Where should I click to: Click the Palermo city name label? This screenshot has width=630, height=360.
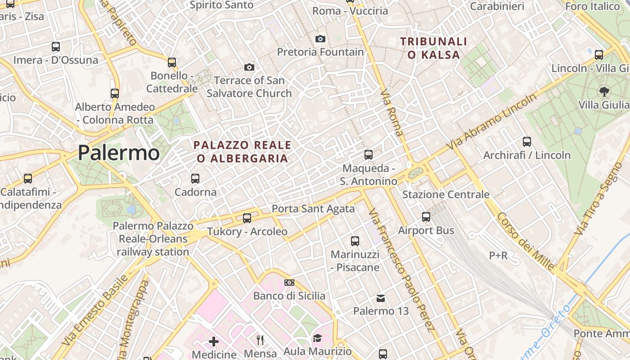point(118,153)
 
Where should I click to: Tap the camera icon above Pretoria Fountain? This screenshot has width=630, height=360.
point(320,39)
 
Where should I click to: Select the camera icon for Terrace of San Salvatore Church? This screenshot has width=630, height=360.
point(249,67)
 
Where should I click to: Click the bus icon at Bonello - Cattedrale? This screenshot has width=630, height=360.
point(171,62)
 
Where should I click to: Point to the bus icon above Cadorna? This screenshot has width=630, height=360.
point(195,179)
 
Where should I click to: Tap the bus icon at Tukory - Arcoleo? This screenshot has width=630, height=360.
point(247,218)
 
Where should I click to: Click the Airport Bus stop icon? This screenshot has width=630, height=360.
point(426,217)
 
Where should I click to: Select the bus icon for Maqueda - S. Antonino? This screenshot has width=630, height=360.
point(369,155)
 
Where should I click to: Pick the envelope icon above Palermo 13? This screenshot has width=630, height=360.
point(381,298)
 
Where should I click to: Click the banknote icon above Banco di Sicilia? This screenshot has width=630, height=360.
point(289,283)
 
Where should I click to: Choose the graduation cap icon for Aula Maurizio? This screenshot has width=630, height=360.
point(317,338)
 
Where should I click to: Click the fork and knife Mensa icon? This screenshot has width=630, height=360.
point(260,340)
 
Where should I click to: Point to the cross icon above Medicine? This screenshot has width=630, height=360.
point(214,342)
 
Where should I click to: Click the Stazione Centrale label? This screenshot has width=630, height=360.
point(445,194)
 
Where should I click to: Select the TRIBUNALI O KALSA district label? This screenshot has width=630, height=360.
point(434,48)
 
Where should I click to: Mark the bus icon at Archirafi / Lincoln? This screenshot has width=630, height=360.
point(527,142)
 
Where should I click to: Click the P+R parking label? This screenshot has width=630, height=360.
point(498,256)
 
